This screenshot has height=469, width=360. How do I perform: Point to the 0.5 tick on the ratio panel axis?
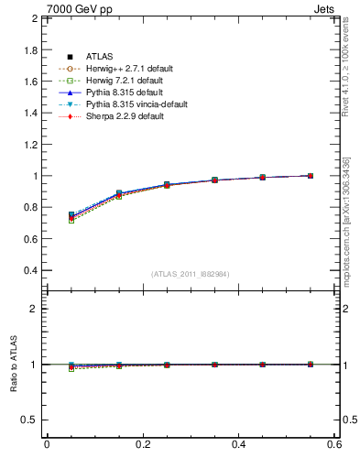tap(29, 420)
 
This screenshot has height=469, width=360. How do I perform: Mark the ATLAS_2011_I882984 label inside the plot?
tap(191, 274)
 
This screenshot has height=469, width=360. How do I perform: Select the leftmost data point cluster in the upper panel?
tap(71, 217)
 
